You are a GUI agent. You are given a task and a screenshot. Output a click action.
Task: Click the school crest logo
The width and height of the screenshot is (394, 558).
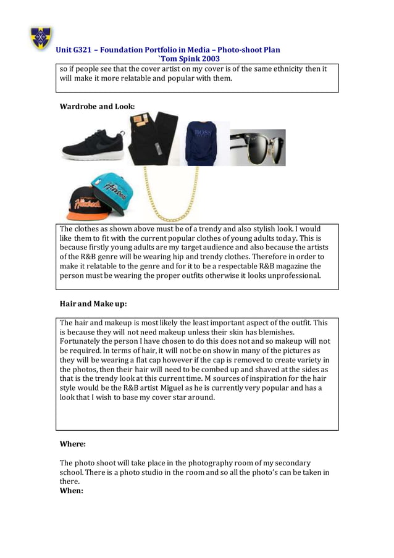41,38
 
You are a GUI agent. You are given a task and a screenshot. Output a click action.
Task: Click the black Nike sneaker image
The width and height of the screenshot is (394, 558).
93,145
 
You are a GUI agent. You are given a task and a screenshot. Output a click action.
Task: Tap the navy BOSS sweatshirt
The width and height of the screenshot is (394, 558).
203,143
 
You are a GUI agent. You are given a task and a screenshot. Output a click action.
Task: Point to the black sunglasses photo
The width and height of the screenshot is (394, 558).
258,148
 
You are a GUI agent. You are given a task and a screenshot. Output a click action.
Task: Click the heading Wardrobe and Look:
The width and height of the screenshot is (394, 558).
97,107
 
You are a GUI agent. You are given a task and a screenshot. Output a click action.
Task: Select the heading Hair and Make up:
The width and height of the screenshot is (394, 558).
93,304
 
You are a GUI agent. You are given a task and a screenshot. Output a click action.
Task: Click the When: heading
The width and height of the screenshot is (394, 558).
71,490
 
